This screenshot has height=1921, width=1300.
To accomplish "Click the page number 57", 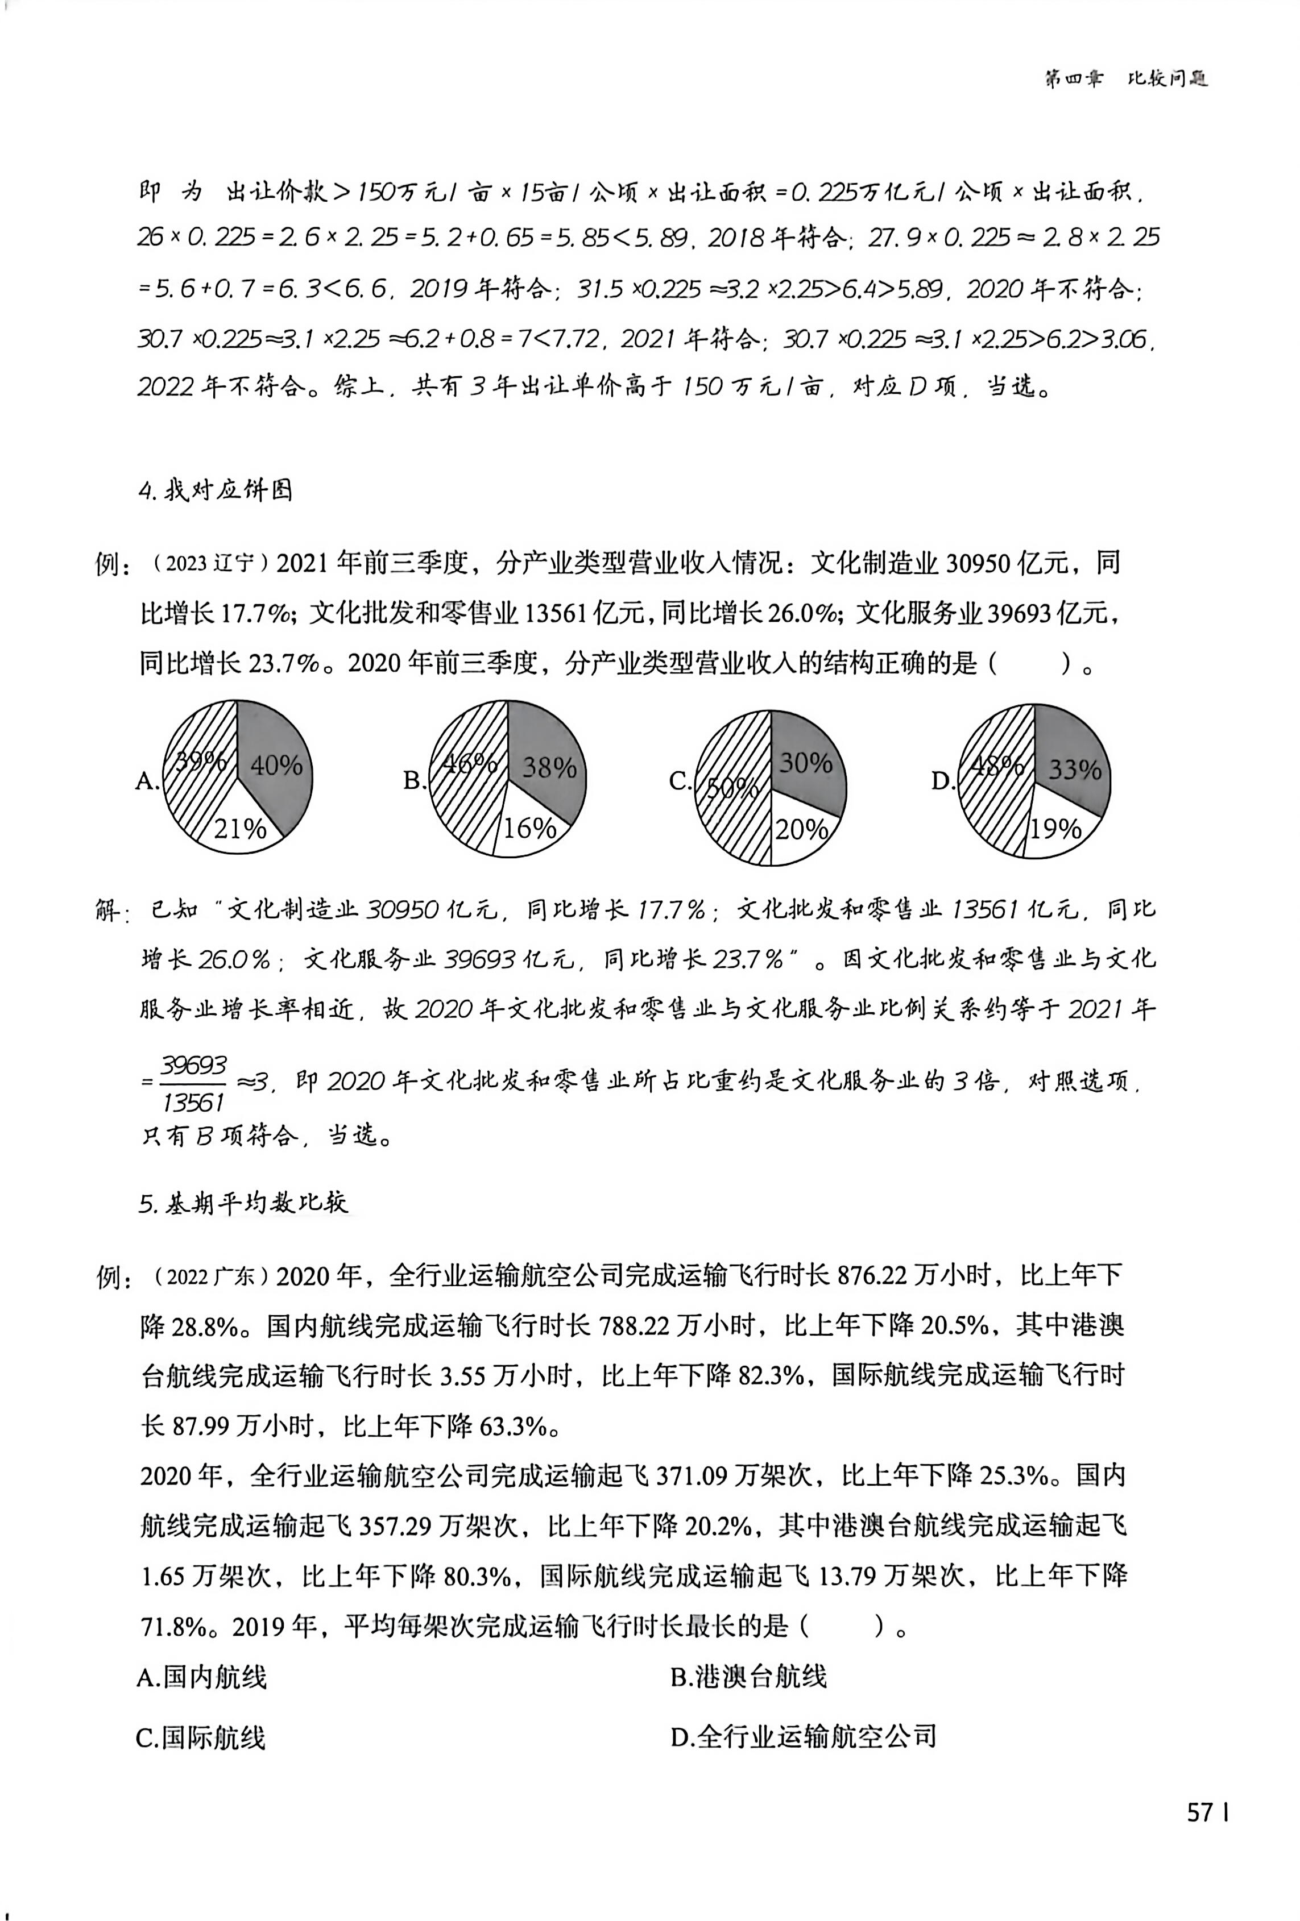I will coord(1200,1812).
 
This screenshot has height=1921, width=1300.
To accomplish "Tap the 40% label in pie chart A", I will coord(276,766).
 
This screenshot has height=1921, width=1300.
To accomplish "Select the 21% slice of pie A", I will coord(240,828).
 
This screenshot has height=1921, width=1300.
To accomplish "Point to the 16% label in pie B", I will coord(530,828).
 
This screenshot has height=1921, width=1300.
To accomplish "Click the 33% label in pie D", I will coord(1074,770).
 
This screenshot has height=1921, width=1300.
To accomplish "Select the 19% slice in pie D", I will coord(1055,828).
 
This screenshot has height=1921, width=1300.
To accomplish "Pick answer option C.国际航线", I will coord(201,1737).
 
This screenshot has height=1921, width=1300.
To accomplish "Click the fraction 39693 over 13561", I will coord(193,1083).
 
